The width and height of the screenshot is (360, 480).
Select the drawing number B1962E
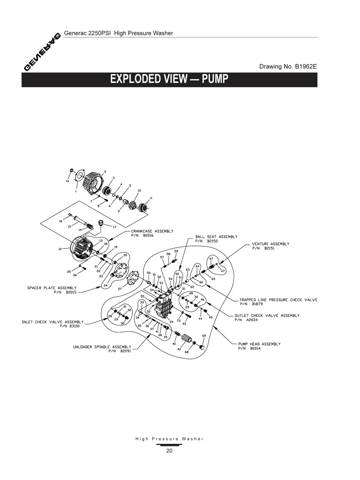click(x=305, y=67)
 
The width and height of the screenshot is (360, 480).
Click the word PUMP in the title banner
click(x=215, y=79)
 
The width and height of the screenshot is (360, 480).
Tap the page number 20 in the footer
click(x=169, y=451)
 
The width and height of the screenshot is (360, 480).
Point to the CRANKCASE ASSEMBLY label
click(x=152, y=231)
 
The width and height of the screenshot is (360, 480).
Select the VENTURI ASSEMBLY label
click(x=271, y=244)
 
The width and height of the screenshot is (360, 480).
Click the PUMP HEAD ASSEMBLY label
click(x=259, y=344)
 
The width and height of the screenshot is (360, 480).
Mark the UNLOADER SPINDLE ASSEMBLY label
click(x=102, y=347)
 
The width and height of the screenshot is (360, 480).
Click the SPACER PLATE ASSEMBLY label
click(x=52, y=288)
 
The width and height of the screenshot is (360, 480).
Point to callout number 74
click(x=67, y=181)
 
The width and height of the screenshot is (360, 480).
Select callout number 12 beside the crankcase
click(x=60, y=249)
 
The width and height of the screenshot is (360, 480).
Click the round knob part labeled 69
click(x=202, y=348)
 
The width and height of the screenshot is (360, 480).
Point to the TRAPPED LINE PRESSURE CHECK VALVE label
click(x=278, y=300)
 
